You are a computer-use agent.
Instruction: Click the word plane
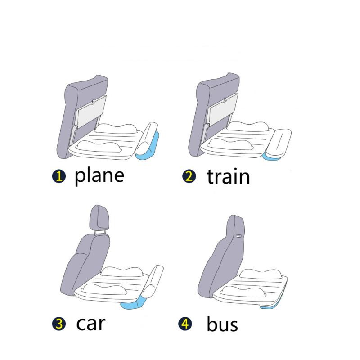click(99, 175)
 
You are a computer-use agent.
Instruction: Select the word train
click(228, 176)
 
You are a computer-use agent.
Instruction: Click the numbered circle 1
click(58, 176)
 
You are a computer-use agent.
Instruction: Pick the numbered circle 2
click(189, 176)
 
